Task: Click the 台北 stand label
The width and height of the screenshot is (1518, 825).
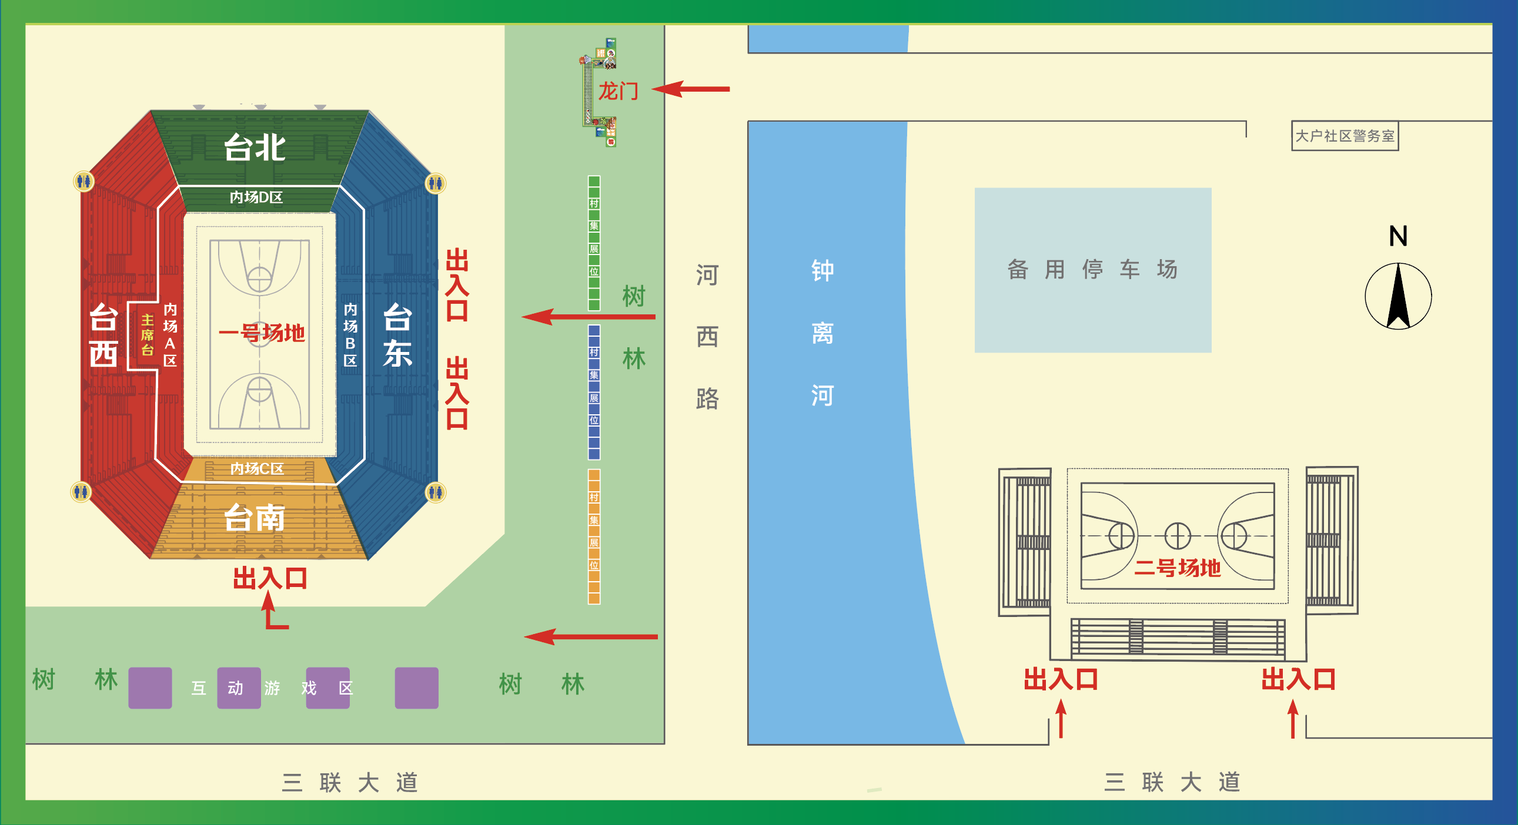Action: [255, 147]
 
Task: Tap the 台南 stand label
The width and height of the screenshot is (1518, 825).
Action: [255, 518]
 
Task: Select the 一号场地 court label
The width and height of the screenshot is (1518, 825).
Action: [262, 333]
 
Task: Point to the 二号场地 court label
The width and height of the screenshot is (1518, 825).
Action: [1178, 568]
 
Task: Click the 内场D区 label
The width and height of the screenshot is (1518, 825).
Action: [256, 197]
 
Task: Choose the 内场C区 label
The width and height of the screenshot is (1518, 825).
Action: [257, 468]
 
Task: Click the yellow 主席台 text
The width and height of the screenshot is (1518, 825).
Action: [148, 335]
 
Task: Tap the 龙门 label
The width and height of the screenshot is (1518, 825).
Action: [618, 91]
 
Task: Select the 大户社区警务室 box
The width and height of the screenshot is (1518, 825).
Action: [1344, 136]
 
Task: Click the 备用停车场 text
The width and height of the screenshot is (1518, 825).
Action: [1092, 269]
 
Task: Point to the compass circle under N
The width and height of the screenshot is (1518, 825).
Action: [1398, 296]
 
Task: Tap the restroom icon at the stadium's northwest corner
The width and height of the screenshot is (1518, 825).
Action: [83, 182]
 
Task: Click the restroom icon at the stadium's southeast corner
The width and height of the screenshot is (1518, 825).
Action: [436, 492]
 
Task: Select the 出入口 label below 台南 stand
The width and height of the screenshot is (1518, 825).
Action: [270, 578]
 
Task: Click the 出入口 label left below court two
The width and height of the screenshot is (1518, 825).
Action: [1061, 679]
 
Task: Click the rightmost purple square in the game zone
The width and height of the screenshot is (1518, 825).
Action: [416, 688]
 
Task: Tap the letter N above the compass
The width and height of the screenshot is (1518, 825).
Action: [1398, 236]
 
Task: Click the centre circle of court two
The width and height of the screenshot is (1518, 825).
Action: [1178, 536]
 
